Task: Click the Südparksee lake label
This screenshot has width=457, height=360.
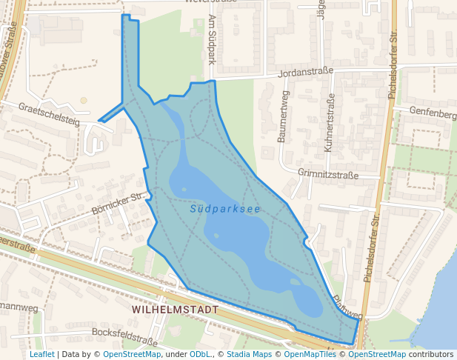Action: pyautogui.click(x=225, y=209)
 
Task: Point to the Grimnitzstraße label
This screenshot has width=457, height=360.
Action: pyautogui.click(x=327, y=176)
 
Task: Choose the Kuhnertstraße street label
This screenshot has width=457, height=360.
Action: pyautogui.click(x=329, y=123)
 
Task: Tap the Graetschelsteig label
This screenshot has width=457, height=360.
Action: pyautogui.click(x=49, y=113)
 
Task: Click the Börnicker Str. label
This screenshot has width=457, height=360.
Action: pyautogui.click(x=116, y=204)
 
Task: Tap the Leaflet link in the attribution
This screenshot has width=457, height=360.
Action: pyautogui.click(x=41, y=354)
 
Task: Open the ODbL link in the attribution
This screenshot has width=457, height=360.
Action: pyautogui.click(x=201, y=354)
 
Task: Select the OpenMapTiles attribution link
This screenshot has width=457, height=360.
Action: pyautogui.click(x=310, y=354)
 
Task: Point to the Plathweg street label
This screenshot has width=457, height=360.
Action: pyautogui.click(x=347, y=305)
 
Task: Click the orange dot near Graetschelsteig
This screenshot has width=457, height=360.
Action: pyautogui.click(x=84, y=100)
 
